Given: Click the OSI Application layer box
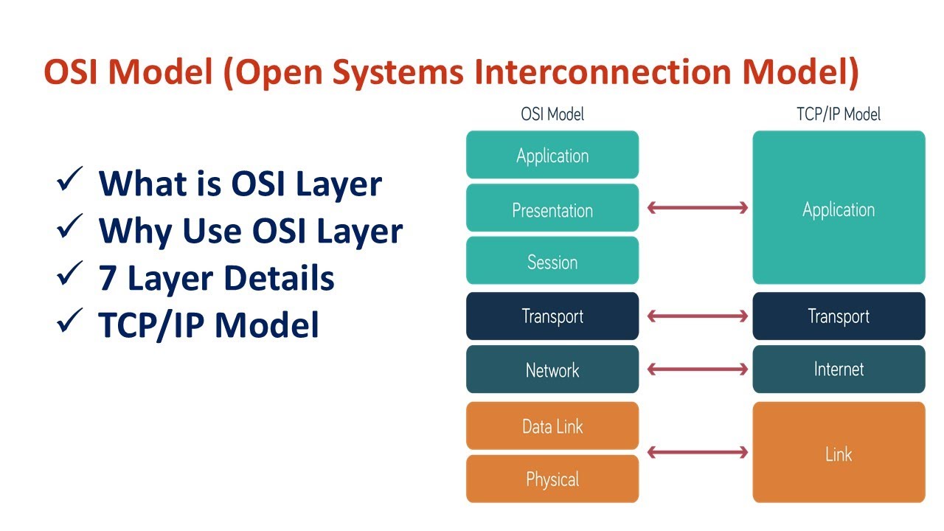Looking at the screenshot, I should tap(552, 155).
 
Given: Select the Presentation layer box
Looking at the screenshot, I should tap(552, 209).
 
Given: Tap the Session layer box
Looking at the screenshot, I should tap(552, 261).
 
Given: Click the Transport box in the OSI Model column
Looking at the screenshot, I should tap(552, 316).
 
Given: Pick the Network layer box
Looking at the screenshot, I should tap(552, 369).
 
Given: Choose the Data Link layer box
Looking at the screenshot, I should tap(552, 426).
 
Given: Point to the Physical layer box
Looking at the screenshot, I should tap(552, 479).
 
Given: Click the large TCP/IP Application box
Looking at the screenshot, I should tap(839, 209).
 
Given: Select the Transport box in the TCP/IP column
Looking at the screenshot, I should tap(839, 316).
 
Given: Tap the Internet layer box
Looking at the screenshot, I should tap(839, 369).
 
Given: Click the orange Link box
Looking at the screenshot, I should tap(839, 453).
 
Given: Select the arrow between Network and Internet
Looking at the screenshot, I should tap(697, 369).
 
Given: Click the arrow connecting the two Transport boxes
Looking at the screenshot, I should tap(697, 316).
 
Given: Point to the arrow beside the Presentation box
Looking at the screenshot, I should tap(697, 209).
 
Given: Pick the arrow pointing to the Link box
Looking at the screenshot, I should tap(697, 452).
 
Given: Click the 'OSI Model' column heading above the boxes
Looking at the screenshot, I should tap(552, 114).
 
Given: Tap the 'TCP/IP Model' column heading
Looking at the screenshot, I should tap(839, 114).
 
